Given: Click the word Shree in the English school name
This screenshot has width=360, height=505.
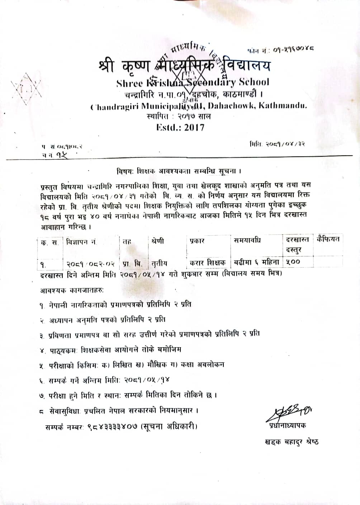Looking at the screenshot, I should click(x=129, y=83).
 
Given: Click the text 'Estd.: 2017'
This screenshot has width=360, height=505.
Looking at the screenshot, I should click(x=180, y=127).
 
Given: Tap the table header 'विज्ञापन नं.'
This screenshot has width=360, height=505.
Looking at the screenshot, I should click(x=82, y=242).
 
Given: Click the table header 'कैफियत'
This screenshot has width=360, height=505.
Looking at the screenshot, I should click(x=328, y=239).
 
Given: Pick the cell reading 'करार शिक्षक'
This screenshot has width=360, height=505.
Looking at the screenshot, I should click(x=208, y=263).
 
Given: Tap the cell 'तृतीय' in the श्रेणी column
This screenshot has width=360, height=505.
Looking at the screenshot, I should click(x=159, y=264).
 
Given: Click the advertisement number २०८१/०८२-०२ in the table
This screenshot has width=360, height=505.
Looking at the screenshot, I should click(x=91, y=264).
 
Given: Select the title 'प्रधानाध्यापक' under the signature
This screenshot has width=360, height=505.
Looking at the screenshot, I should click(x=286, y=426).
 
